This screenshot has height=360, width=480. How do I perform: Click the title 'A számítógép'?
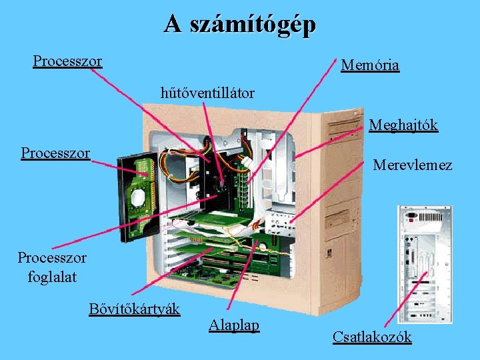point(240,25)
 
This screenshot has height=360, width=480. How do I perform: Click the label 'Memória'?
point(369,65)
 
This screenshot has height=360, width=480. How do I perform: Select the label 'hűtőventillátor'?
point(207,93)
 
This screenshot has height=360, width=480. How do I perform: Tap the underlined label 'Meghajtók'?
point(403,125)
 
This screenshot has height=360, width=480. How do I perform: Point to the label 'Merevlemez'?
point(412,165)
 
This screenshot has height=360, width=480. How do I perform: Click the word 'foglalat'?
point(52,275)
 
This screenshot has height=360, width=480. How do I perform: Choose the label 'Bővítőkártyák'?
point(134,309)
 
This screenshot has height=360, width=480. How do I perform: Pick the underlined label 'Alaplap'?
point(233,325)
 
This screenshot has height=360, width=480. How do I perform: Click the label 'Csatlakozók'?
point(371,337)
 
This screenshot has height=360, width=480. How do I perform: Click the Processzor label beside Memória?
point(67,61)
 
